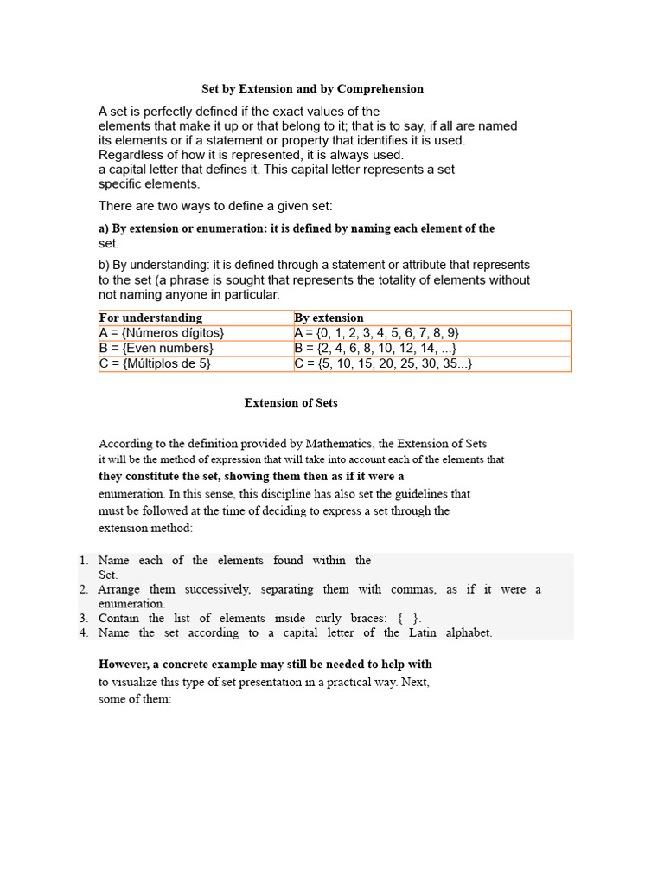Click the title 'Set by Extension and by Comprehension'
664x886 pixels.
click(312, 88)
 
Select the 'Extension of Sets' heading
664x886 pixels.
click(290, 402)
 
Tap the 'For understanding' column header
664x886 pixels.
click(151, 318)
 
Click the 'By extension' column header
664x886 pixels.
click(329, 318)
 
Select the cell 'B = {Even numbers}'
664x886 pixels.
click(156, 348)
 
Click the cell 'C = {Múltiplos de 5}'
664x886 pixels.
click(156, 363)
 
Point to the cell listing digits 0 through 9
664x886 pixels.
click(377, 333)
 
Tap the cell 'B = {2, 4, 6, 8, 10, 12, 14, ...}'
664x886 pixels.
click(376, 348)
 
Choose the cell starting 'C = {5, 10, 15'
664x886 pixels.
click(383, 363)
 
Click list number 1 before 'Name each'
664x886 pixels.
click(84, 561)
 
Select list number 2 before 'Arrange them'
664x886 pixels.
click(84, 589)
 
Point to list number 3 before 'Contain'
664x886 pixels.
click(84, 618)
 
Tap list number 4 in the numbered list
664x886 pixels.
click(84, 632)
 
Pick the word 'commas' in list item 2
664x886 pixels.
click(412, 589)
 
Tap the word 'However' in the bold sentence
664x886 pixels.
click(124, 664)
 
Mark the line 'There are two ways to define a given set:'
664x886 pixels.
click(215, 205)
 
